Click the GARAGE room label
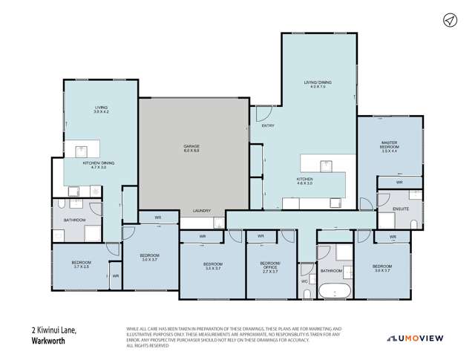click(x=192, y=149)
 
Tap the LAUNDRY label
click(x=202, y=210)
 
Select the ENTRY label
click(x=268, y=125)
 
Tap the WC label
click(x=305, y=281)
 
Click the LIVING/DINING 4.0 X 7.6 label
click(x=317, y=85)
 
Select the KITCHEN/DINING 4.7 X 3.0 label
click(x=99, y=164)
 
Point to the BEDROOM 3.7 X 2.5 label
click(x=82, y=265)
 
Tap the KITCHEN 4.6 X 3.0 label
click(x=305, y=181)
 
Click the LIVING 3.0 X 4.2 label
click(x=101, y=109)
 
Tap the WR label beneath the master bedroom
click(x=399, y=182)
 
